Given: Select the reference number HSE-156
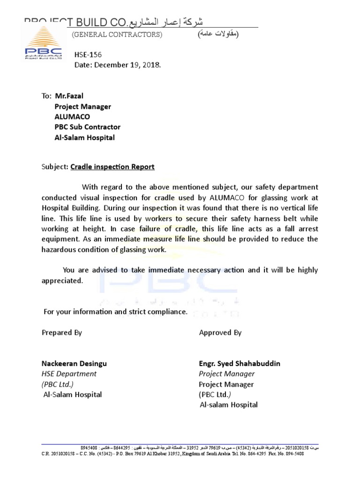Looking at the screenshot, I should [x=88, y=55].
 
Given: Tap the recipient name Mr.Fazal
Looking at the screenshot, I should [x=69, y=96].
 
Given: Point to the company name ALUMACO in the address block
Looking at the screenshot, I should [x=72, y=117].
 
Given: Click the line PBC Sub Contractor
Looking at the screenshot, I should [x=87, y=127].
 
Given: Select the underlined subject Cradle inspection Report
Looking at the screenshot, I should [x=112, y=167].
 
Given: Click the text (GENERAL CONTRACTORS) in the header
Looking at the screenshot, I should [x=117, y=35].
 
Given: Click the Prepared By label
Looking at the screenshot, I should [x=62, y=332].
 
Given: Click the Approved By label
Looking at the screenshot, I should [x=220, y=332].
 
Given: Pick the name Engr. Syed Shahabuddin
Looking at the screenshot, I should [x=240, y=363].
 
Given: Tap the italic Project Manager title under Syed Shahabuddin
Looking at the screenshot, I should [x=227, y=374].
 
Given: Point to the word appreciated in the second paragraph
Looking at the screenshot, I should [x=62, y=281].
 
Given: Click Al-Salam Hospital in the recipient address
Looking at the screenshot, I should [x=84, y=138].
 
